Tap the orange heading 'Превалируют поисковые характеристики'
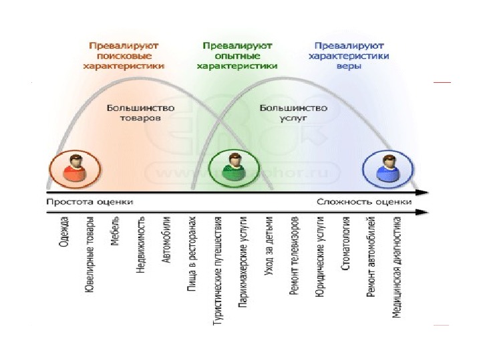124,56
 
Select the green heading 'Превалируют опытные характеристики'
236,56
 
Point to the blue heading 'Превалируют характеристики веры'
349,56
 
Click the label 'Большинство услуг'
293,112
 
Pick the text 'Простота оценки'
90,201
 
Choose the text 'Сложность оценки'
364,201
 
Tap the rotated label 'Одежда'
64,233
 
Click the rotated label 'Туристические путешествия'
217,270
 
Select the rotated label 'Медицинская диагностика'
397,266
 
